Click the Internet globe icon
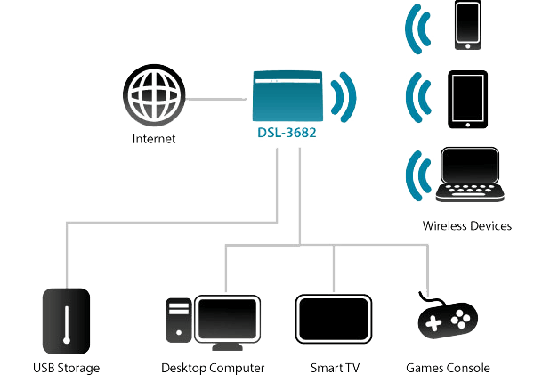pyautogui.click(x=156, y=98)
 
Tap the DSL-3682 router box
pyautogui.click(x=285, y=100)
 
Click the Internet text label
pyautogui.click(x=155, y=139)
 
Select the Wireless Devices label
pyautogui.click(x=466, y=226)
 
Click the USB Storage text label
pyautogui.click(x=65, y=367)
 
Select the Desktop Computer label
pyautogui.click(x=214, y=367)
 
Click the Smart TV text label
pyautogui.click(x=333, y=367)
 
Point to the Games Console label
pyautogui.click(x=448, y=367)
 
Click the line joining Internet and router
pyautogui.click(x=217, y=99)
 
